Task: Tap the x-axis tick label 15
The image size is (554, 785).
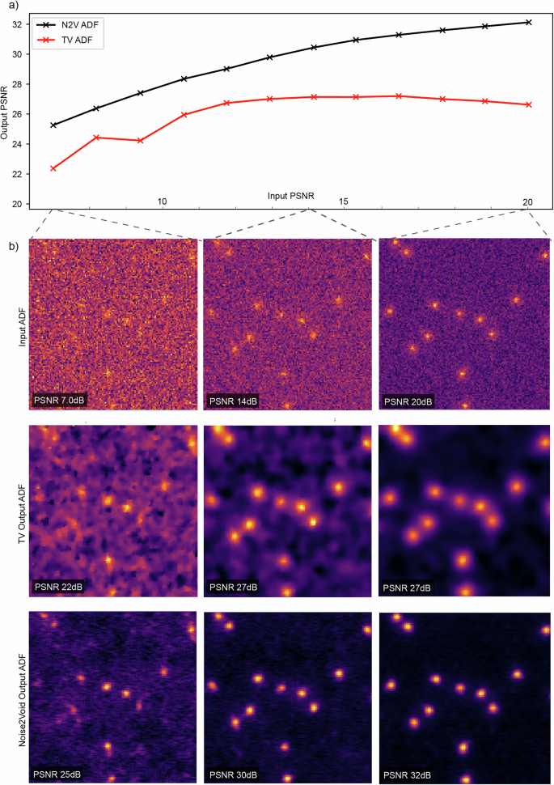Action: click(344, 202)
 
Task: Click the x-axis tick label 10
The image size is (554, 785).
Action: click(162, 202)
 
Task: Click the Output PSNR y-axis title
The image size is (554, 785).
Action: click(6, 113)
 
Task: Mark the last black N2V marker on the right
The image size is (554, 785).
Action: click(528, 22)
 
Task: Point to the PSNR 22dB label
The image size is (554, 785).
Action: click(60, 585)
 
